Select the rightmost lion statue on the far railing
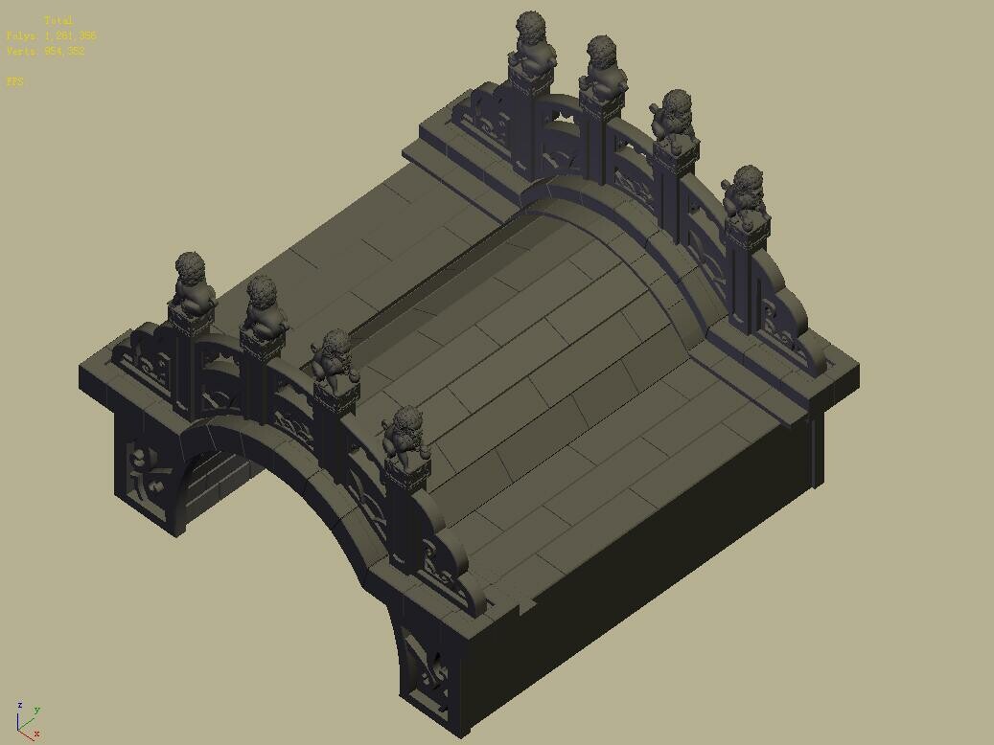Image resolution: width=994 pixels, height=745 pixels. tap(745, 192)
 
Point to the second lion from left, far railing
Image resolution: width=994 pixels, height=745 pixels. tap(602, 65)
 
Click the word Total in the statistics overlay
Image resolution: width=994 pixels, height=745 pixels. tap(58, 20)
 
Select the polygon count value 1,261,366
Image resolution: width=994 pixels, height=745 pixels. tap(69, 35)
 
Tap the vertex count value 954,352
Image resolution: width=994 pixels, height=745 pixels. tap(65, 51)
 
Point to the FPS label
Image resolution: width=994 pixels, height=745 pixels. tap(14, 81)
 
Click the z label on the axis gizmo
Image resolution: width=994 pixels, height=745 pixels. tap(19, 706)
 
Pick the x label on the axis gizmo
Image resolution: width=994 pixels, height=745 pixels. tap(36, 734)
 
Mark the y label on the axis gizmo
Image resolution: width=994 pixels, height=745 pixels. tap(36, 711)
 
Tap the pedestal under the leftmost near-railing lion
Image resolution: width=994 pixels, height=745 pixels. tap(192, 321)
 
